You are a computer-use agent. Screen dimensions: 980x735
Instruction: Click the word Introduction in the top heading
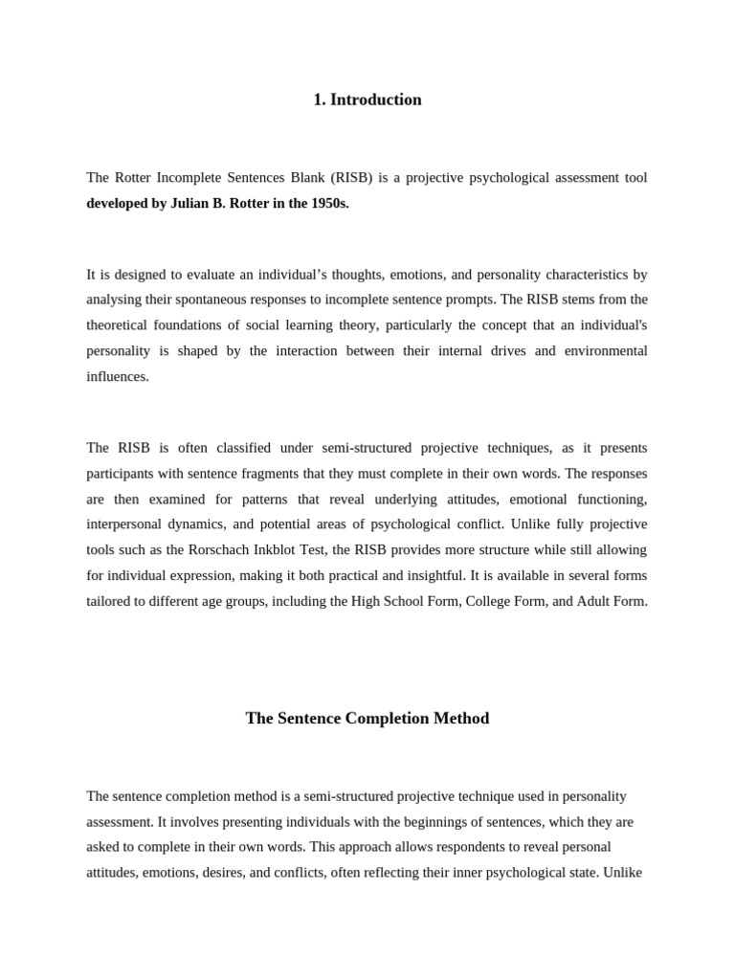pyautogui.click(x=375, y=100)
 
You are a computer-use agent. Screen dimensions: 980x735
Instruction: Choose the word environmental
pyautogui.click(x=606, y=350)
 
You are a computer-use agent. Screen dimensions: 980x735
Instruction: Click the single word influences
pyautogui.click(x=118, y=376)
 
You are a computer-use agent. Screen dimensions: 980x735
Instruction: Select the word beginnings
pyautogui.click(x=450, y=821)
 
